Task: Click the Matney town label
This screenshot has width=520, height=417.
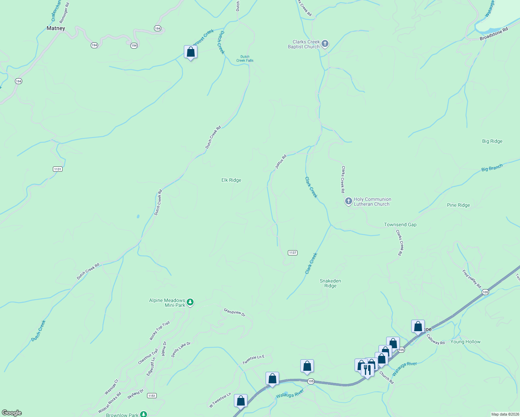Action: (x=56, y=28)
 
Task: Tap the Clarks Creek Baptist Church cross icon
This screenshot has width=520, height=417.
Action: (x=325, y=44)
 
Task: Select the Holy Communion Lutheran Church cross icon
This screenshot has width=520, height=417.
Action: (x=348, y=202)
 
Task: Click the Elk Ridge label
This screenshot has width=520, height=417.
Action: (x=231, y=180)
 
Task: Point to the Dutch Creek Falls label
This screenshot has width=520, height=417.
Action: (x=245, y=58)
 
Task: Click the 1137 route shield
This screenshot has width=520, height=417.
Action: (x=292, y=253)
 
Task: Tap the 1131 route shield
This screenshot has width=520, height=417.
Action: (x=58, y=169)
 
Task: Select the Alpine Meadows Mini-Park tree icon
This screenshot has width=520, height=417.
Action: (x=190, y=302)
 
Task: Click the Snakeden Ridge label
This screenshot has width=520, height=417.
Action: (x=330, y=283)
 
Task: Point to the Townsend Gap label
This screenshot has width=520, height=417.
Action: (x=400, y=224)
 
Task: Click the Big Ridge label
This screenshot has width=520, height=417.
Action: (x=492, y=141)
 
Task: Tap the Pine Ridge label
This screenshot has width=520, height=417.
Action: (x=458, y=205)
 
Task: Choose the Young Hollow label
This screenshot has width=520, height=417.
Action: (x=465, y=342)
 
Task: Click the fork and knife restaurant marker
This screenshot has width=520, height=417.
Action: (x=367, y=369)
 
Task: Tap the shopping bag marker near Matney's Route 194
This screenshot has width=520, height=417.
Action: (x=190, y=52)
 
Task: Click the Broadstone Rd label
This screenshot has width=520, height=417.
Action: (x=494, y=34)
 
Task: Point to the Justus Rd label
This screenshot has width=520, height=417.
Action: (x=281, y=162)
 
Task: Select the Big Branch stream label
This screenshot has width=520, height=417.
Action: (x=492, y=168)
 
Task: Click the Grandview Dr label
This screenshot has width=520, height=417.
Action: (x=234, y=312)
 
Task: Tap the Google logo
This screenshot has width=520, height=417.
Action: (x=12, y=413)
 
